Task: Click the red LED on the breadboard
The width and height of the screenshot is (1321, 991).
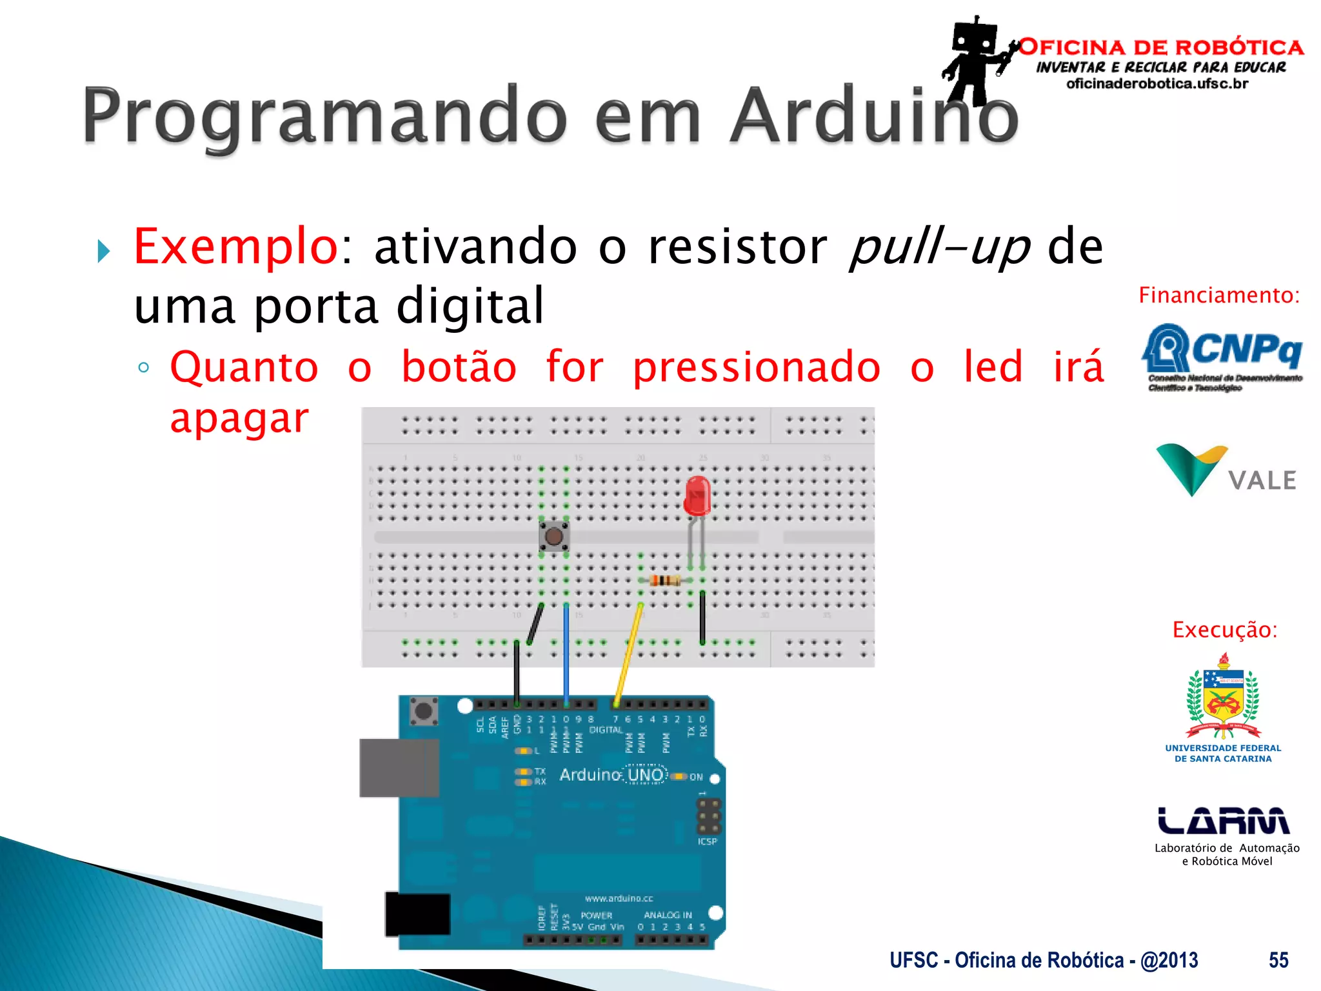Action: point(697,495)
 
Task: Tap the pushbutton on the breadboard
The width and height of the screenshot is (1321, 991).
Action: point(553,536)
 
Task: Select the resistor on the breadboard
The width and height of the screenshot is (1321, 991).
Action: point(664,580)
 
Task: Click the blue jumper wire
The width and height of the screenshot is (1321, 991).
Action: point(566,652)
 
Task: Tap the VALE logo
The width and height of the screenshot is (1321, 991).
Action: point(1226,471)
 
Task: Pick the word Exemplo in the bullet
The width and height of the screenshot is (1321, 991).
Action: point(235,247)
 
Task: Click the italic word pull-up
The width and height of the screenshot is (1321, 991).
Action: point(939,247)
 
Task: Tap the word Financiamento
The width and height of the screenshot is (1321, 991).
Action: point(1218,295)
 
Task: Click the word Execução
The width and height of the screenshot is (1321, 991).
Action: point(1224,630)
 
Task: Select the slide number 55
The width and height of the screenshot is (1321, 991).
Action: point(1278,960)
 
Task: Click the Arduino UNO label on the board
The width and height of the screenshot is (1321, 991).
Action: point(611,775)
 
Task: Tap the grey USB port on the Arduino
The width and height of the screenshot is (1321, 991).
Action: point(399,768)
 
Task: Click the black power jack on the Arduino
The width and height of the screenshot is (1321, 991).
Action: point(417,914)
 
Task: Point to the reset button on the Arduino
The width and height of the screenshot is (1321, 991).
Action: point(423,712)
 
